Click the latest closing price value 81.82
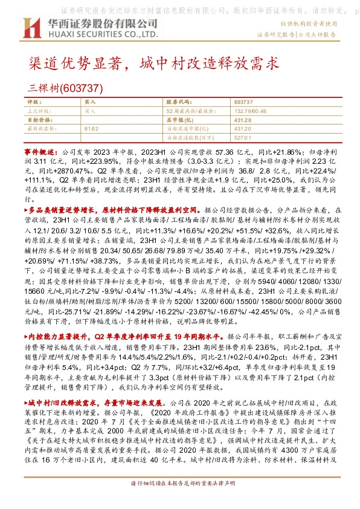coord(92,129)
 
